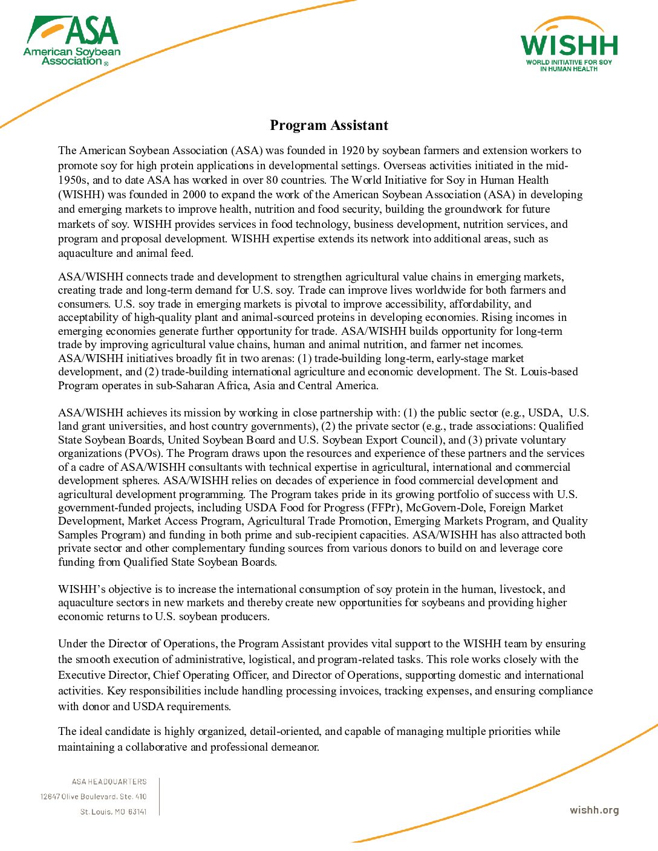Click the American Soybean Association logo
click(x=72, y=41)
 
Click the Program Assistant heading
click(x=329, y=125)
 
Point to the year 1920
click(x=352, y=150)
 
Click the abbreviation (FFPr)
click(x=383, y=508)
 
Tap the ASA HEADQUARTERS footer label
click(x=109, y=781)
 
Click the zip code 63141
click(x=137, y=812)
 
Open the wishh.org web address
click(x=594, y=811)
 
